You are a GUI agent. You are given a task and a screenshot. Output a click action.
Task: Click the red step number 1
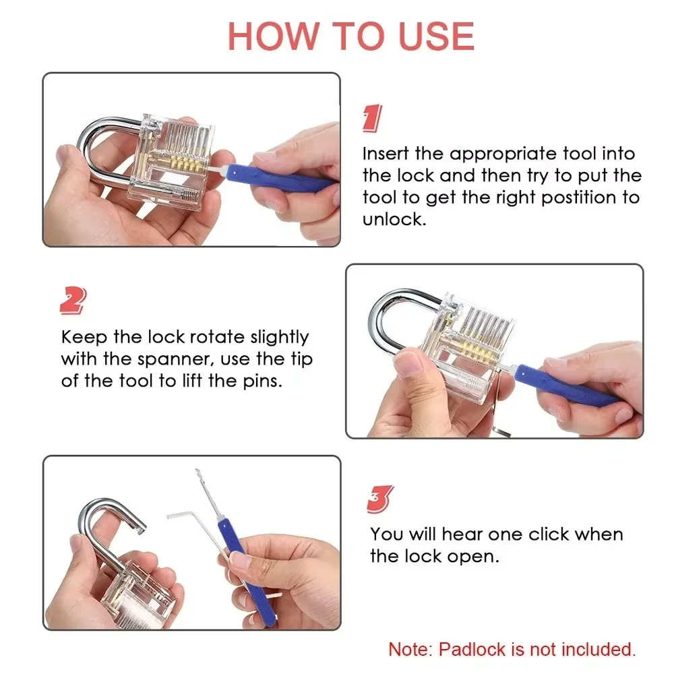372,119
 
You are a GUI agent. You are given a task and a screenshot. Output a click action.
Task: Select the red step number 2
73,301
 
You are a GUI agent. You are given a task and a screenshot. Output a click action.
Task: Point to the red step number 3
380,499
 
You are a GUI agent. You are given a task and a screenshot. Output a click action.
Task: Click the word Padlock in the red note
470,650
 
